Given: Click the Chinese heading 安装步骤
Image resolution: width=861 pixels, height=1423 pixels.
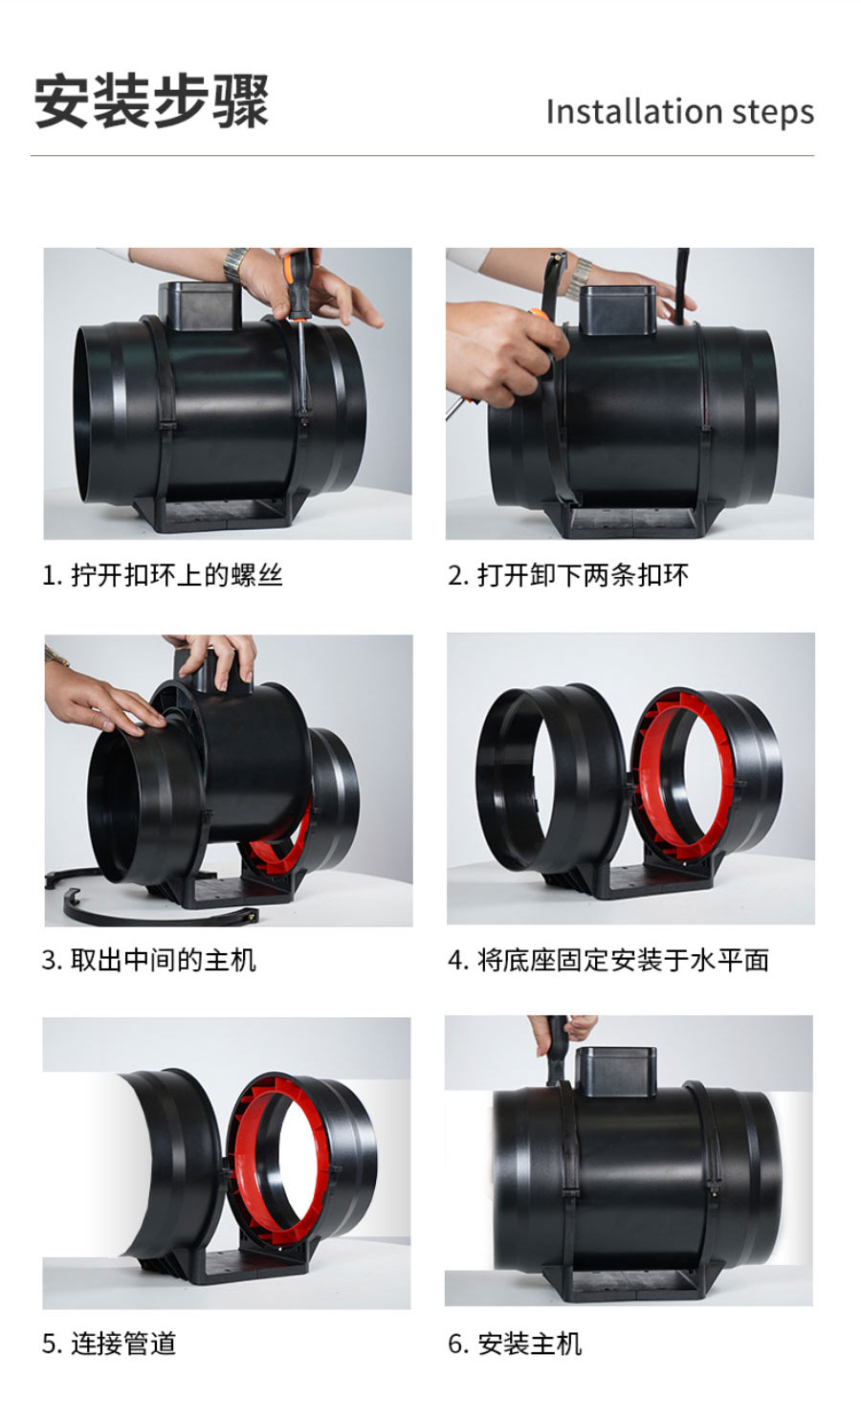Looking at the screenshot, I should [151, 100].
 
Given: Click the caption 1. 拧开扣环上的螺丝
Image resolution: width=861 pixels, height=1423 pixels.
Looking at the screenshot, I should [163, 575].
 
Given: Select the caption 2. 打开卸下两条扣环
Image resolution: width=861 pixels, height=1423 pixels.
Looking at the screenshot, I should [568, 575].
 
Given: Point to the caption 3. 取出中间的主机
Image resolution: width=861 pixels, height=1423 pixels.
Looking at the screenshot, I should [149, 960].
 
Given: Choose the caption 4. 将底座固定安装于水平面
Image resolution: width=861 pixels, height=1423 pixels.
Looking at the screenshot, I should [608, 960].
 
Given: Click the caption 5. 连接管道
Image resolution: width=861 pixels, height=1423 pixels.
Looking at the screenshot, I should [109, 1344].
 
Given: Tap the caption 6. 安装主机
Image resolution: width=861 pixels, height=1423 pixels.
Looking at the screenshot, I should [515, 1344].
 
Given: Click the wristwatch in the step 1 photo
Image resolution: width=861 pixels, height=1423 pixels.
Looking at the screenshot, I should [235, 262].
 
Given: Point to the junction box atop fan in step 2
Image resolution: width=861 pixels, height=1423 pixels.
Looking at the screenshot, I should [618, 311].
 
